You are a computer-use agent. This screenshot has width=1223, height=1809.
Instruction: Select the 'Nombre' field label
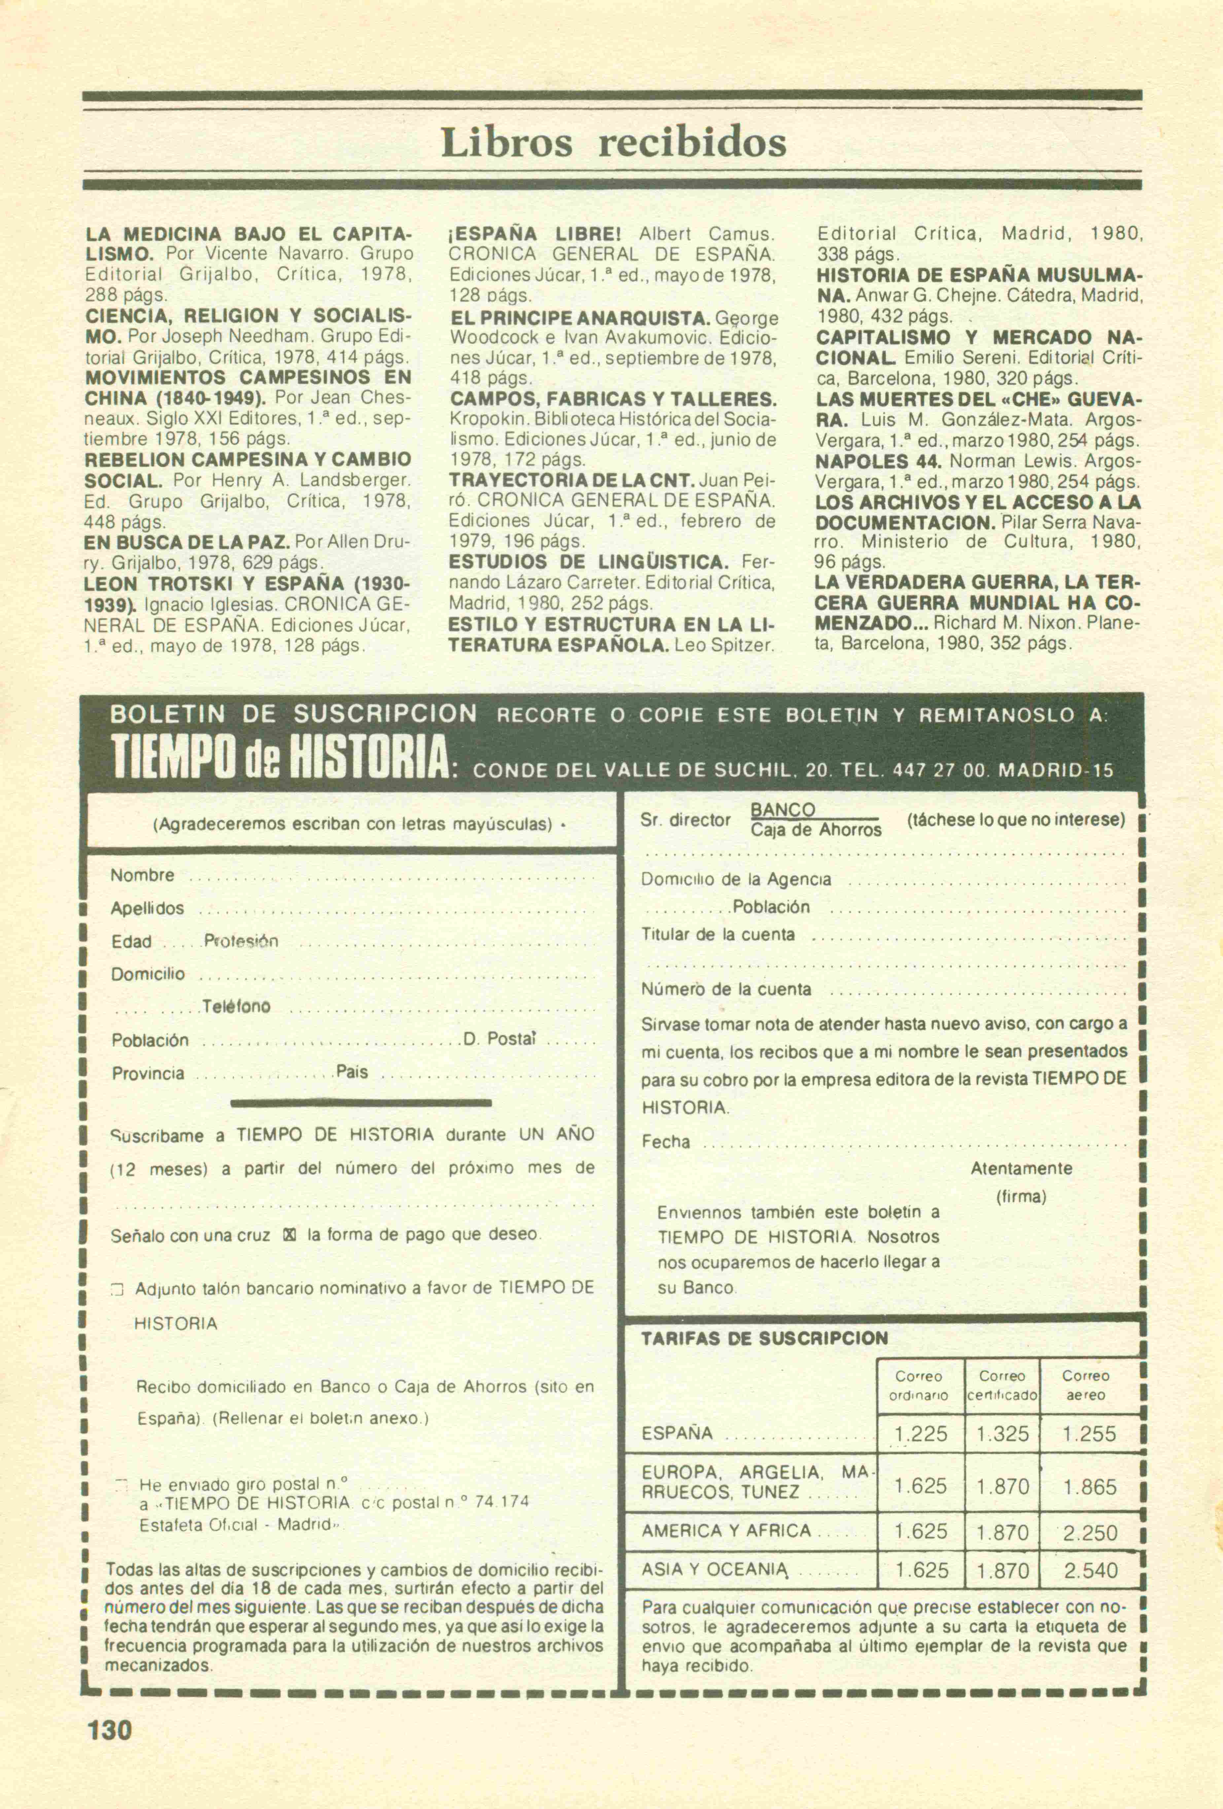[142, 875]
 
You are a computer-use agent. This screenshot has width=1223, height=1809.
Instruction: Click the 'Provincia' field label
[148, 1074]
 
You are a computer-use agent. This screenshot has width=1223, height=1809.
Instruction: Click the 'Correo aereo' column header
[1086, 1385]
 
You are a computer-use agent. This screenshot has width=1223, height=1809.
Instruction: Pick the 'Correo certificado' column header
[1003, 1385]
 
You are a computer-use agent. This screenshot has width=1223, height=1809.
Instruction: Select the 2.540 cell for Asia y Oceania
[1091, 1571]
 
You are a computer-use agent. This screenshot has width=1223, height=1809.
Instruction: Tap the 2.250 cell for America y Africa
[1091, 1533]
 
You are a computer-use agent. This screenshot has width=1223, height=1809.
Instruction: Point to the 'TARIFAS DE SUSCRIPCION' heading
[764, 1339]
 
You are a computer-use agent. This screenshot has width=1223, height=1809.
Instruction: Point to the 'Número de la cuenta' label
[725, 989]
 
